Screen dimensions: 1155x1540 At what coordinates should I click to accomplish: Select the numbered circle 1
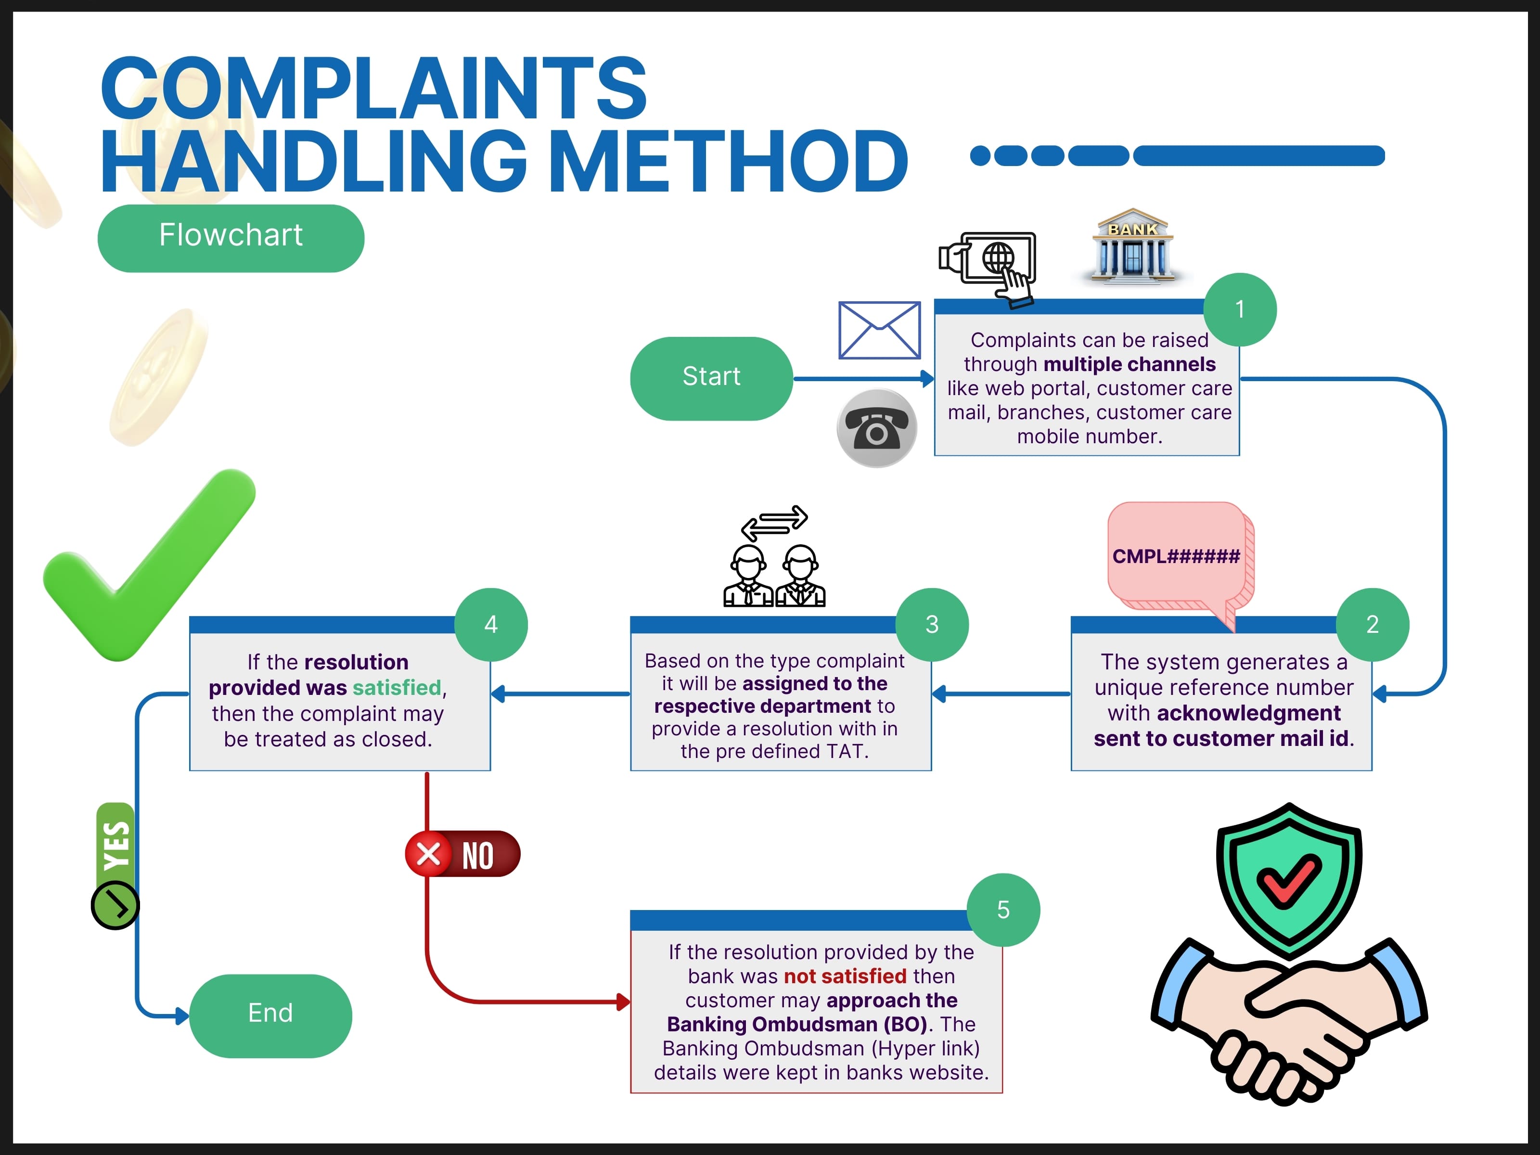coord(1239,309)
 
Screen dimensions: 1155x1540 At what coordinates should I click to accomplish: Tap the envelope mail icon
coord(879,330)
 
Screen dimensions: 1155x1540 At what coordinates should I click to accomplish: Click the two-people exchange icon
coord(774,557)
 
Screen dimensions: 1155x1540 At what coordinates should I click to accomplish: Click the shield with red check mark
coord(1289,881)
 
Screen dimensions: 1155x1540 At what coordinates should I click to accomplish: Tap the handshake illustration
coord(1288,1024)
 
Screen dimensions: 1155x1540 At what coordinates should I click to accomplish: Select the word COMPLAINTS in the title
coord(374,89)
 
